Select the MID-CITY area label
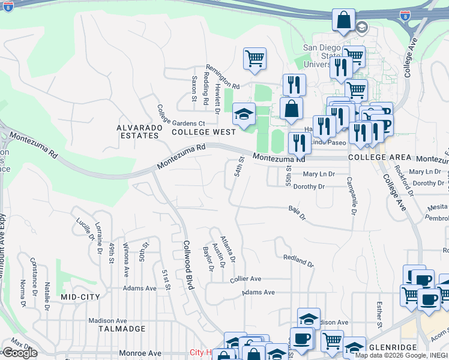click(x=79, y=297)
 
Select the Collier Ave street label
click(x=246, y=279)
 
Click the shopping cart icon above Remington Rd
click(x=255, y=59)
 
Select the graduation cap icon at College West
click(x=244, y=114)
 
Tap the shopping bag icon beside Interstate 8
click(x=344, y=20)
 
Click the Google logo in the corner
click(x=19, y=353)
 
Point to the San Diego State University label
click(x=322, y=56)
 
